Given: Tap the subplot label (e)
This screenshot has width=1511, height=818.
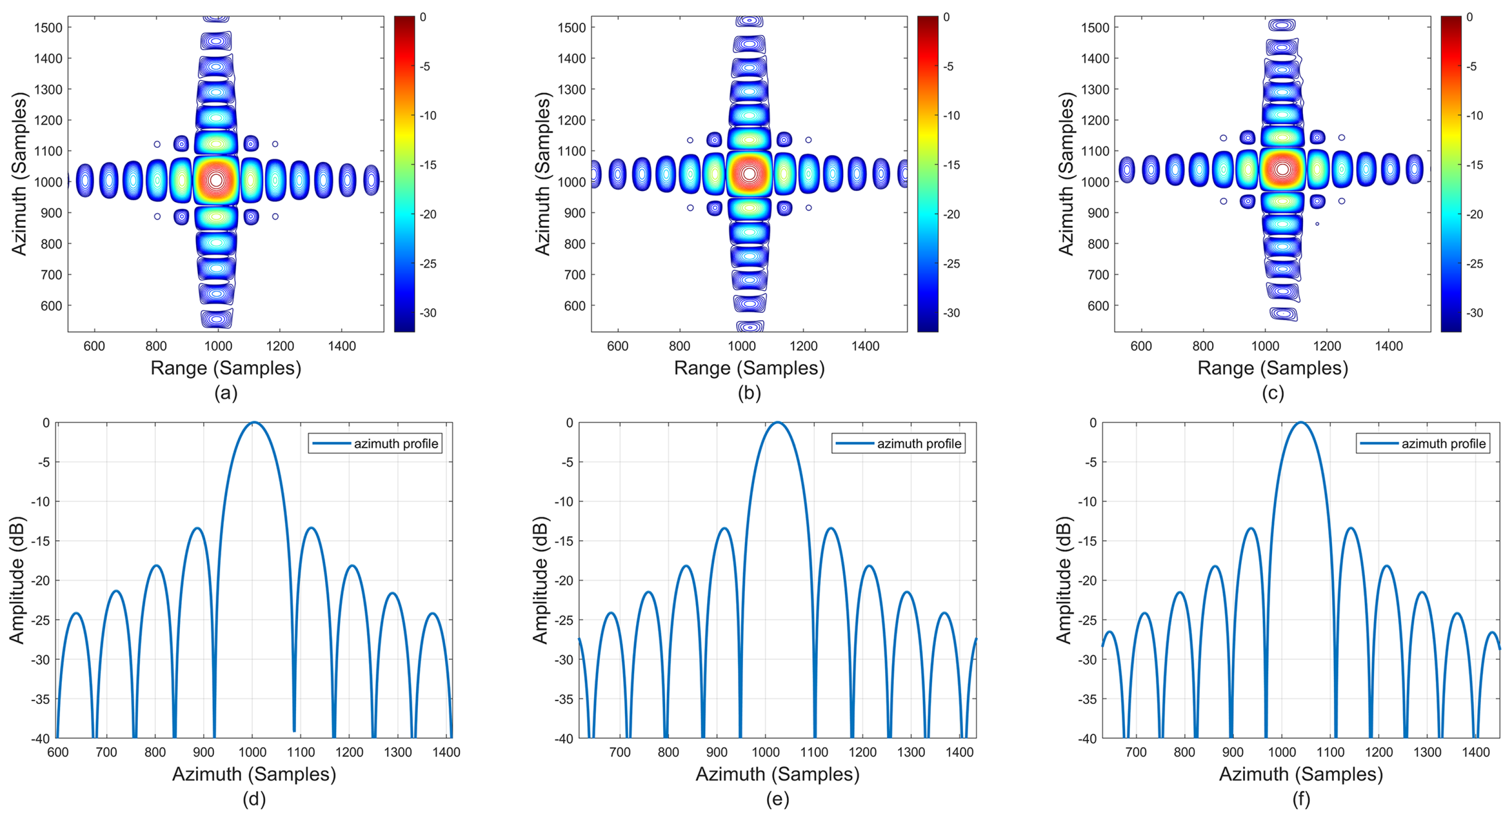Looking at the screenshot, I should [777, 799].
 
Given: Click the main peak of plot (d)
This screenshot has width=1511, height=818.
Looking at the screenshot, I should [253, 423].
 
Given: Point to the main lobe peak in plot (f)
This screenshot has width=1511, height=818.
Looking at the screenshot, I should [1300, 423].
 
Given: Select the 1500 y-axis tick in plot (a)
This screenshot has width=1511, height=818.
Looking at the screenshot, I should [48, 28].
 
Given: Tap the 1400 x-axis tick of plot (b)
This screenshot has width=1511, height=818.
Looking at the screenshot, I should [865, 346].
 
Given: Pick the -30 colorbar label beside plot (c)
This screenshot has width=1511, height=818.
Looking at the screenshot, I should [1475, 313].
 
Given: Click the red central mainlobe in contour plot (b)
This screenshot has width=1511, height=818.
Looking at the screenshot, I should [749, 173].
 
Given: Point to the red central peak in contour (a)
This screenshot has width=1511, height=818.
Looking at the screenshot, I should [216, 179].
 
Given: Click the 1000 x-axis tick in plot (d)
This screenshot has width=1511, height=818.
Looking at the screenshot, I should [252, 752].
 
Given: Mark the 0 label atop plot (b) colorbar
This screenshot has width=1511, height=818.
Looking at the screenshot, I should [946, 17].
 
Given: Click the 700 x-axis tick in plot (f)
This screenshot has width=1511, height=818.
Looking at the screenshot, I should [1136, 752].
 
